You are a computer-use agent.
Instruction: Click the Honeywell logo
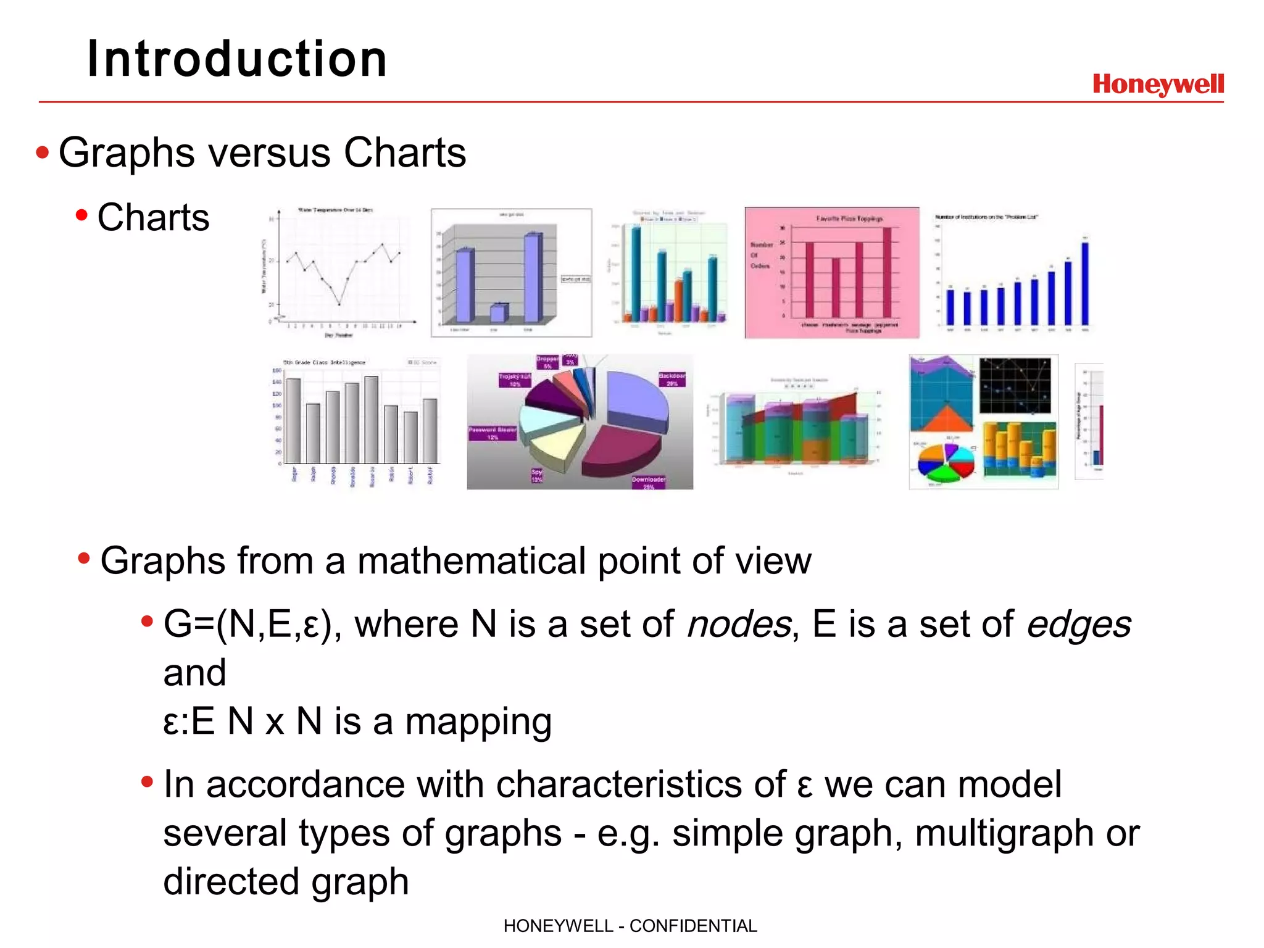click(x=1158, y=84)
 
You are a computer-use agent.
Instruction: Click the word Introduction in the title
click(x=237, y=59)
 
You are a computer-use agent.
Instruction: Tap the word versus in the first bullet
click(x=268, y=152)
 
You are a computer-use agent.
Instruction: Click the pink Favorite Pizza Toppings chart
click(x=831, y=273)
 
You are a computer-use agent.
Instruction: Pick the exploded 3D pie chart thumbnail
click(x=580, y=422)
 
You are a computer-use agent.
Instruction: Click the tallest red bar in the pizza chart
click(x=887, y=272)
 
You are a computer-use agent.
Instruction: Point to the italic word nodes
click(x=739, y=624)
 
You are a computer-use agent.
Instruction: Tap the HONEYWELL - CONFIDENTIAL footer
click(x=630, y=926)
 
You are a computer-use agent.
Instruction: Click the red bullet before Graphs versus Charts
click(x=42, y=152)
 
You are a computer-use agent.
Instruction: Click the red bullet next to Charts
click(x=81, y=215)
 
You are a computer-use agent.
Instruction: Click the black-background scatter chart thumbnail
click(x=1015, y=385)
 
